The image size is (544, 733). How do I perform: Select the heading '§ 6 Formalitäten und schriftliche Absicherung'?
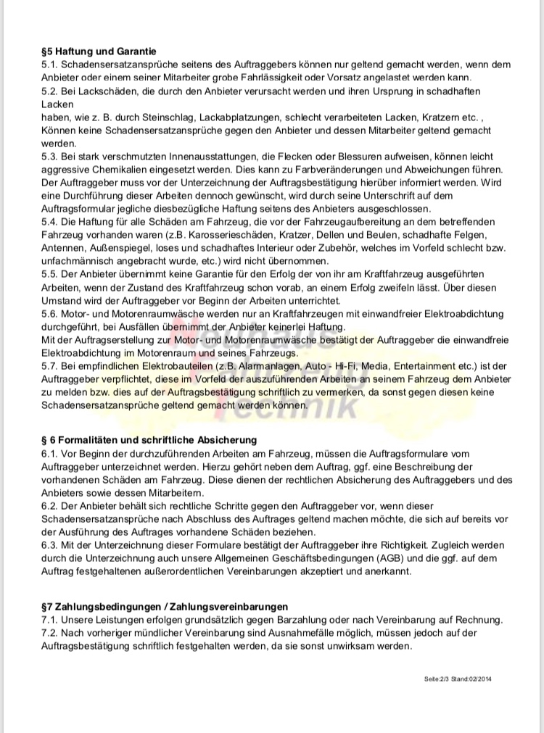(149, 440)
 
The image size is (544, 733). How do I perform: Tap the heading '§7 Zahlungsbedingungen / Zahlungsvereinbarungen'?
(165, 606)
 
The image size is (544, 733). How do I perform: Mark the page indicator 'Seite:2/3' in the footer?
(437, 679)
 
